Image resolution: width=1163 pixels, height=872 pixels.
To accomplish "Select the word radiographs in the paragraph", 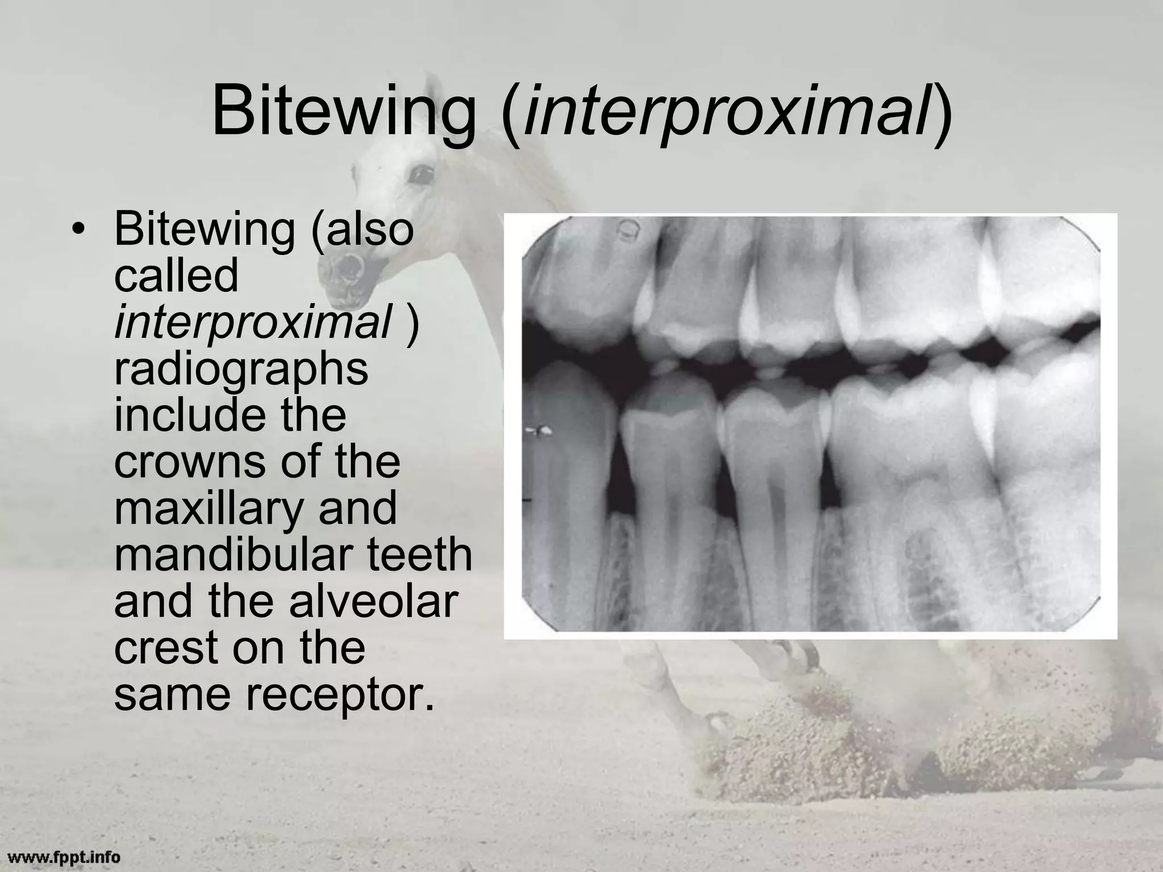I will click(241, 369).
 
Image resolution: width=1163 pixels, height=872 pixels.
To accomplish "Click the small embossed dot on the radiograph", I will click(629, 230).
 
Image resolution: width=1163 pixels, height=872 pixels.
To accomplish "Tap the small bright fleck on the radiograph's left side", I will click(540, 431).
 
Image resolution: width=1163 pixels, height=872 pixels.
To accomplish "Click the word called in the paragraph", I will click(176, 276).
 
